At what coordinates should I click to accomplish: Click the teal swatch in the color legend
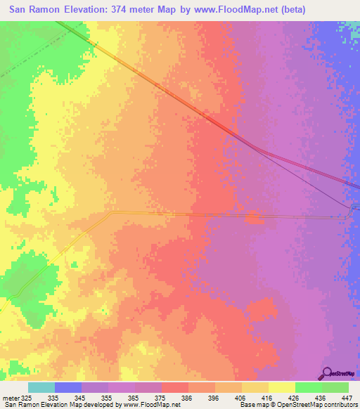pos(41,387)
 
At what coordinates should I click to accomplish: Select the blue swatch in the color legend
pos(68,387)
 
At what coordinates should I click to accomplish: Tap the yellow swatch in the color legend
pos(282,387)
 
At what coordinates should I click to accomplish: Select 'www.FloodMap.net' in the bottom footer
pos(150,405)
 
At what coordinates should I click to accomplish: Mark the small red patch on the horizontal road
pos(253,219)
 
